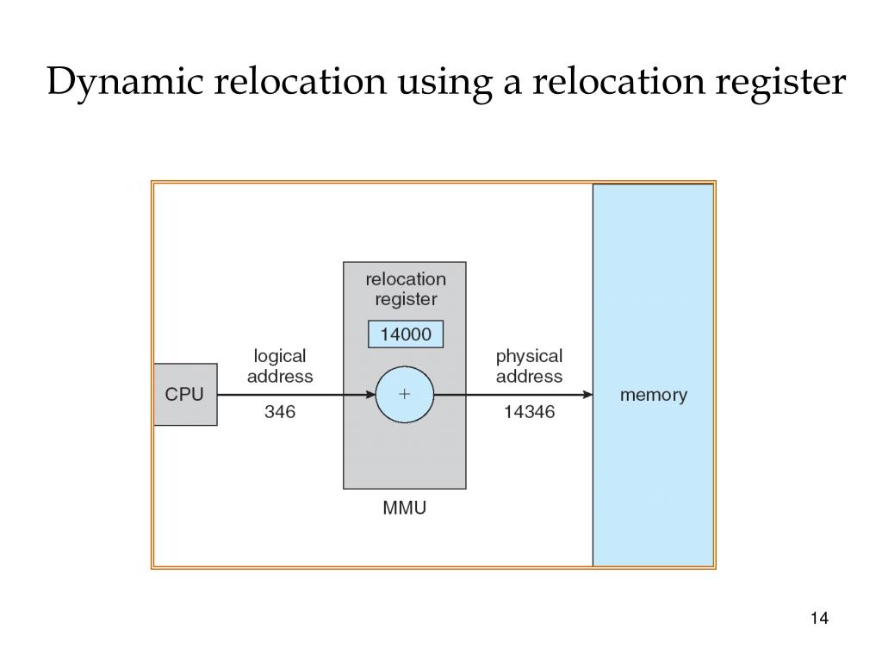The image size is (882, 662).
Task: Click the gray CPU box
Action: (x=185, y=395)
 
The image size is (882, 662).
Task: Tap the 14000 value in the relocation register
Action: (x=405, y=334)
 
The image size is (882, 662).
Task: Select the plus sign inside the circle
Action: (x=405, y=395)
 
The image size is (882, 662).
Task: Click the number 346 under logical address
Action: (x=280, y=413)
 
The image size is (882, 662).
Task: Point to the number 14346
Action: (x=529, y=413)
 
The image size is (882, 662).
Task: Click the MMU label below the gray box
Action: (x=404, y=509)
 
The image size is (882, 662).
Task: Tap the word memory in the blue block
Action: (x=654, y=396)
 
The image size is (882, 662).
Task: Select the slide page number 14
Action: (x=819, y=619)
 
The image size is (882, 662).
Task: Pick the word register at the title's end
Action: (x=776, y=84)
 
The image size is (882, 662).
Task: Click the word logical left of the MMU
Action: (x=280, y=356)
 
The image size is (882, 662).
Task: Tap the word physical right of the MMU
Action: (x=529, y=356)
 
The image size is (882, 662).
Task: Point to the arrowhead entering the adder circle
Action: (x=370, y=395)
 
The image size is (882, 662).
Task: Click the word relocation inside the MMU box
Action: (x=406, y=279)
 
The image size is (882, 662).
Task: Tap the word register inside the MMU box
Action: (x=406, y=300)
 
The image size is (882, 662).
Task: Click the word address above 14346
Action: (x=529, y=377)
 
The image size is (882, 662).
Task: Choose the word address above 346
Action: (x=280, y=377)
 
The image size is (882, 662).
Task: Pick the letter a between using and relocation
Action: (x=502, y=84)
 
